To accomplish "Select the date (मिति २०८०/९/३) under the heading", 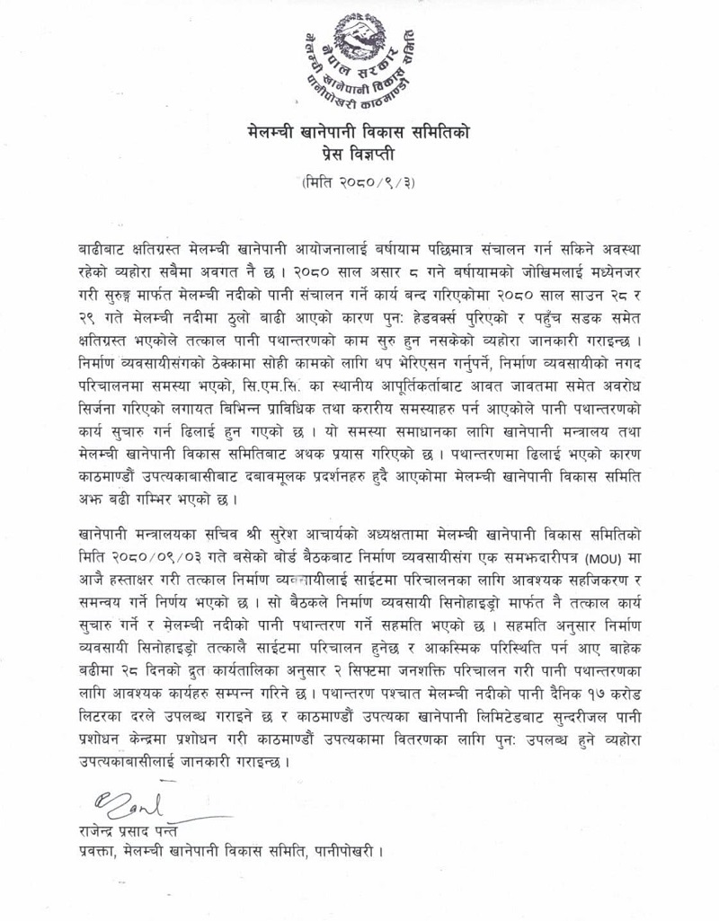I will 359,183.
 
